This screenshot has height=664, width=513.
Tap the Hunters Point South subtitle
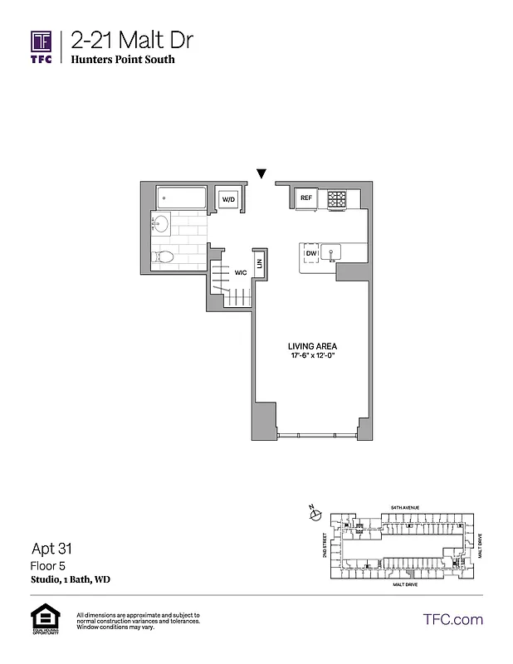[x=123, y=60]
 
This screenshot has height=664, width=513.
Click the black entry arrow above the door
[x=262, y=174]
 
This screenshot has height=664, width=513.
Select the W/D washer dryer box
[x=227, y=200]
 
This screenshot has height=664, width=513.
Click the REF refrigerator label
[x=306, y=198]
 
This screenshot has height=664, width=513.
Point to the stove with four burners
[x=336, y=199]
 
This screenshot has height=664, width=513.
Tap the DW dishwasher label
[x=311, y=253]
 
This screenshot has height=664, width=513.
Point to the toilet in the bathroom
[x=164, y=256]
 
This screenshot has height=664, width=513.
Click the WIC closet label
[x=241, y=272]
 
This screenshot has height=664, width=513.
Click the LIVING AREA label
[x=312, y=346]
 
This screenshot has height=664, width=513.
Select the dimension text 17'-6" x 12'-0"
[x=312, y=357]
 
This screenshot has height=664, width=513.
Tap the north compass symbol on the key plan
[x=314, y=515]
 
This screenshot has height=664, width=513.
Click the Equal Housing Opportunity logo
[x=42, y=619]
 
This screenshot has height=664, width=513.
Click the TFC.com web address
[x=453, y=619]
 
